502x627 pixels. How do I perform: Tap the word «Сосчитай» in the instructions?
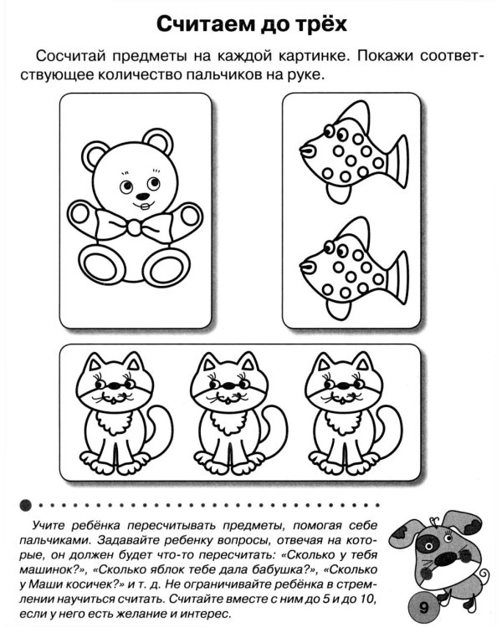tap(71, 56)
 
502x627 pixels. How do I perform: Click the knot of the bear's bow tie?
tap(134, 227)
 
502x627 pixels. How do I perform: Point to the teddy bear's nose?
tap(143, 196)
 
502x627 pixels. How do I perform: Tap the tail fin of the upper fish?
tap(398, 161)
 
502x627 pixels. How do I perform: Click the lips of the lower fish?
tap(307, 267)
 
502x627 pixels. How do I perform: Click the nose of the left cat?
tap(115, 386)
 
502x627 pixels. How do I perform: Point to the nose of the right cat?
tap(344, 386)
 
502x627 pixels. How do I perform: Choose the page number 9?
tap(424, 608)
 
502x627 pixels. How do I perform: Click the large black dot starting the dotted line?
tap(25, 505)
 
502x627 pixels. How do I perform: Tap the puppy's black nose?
tap(445, 558)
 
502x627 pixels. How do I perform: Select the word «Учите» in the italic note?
tap(50, 526)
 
